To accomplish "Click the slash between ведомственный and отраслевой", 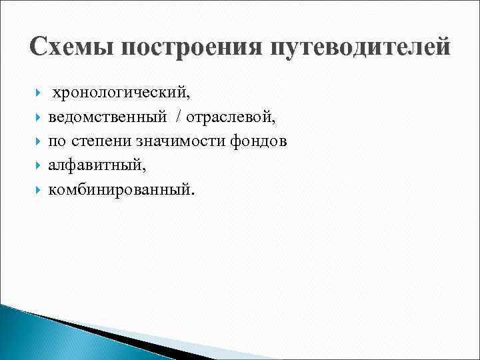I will [179, 119].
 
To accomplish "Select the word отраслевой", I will [231, 119].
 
